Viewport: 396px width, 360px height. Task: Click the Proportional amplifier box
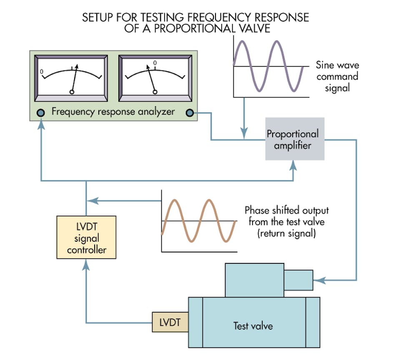(295, 140)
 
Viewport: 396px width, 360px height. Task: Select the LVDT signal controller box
(86, 238)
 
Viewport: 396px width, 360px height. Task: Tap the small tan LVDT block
(170, 322)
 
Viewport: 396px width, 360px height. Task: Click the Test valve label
(253, 325)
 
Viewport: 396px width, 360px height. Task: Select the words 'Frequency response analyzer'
(113, 112)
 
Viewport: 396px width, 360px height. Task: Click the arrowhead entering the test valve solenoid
(317, 280)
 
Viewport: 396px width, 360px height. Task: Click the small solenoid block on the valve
(298, 280)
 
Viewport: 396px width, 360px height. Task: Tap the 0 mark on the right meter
(155, 63)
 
